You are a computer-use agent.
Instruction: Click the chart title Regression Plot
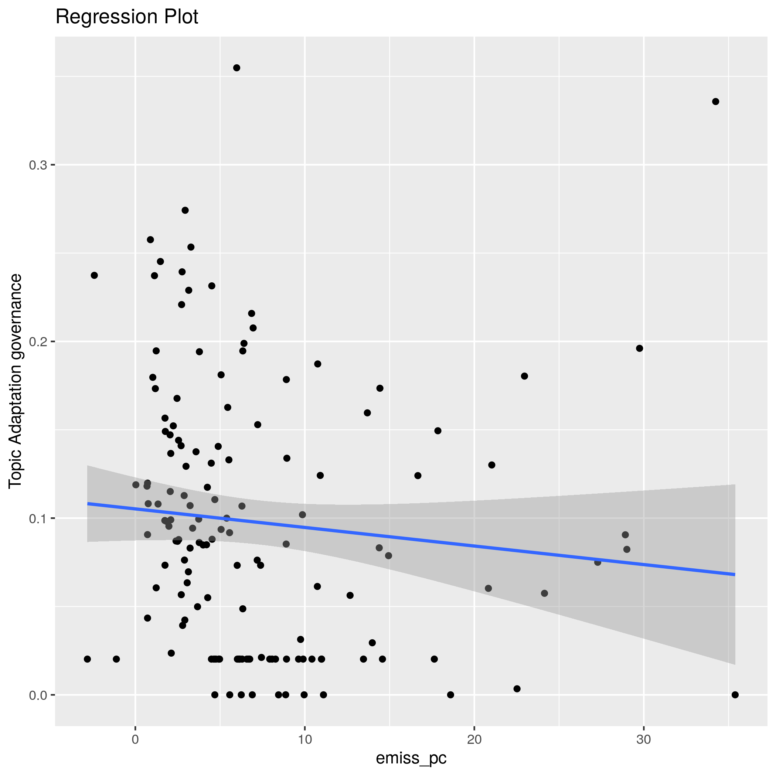(x=126, y=17)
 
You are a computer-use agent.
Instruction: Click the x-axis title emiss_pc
(x=411, y=758)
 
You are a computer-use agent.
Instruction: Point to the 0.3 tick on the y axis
(x=38, y=165)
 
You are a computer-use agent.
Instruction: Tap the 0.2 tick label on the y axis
(x=38, y=342)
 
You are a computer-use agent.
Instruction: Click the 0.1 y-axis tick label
(x=38, y=518)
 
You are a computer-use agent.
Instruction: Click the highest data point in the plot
(x=236, y=68)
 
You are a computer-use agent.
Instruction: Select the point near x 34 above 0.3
(x=715, y=102)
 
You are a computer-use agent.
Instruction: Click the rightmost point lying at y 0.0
(x=735, y=695)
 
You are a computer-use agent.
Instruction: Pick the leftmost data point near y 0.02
(x=88, y=659)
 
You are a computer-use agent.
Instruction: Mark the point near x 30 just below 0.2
(x=639, y=348)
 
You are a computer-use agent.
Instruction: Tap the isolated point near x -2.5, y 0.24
(x=94, y=275)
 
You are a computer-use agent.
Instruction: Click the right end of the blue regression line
(x=735, y=575)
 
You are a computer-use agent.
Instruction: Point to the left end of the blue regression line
(x=88, y=503)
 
